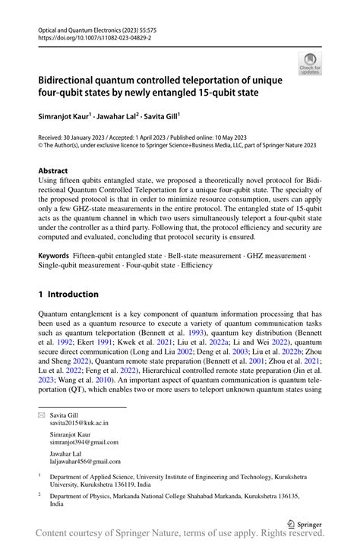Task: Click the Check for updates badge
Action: [x=311, y=63]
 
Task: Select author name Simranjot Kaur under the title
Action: [x=64, y=117]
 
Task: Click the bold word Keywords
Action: [x=58, y=256]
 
